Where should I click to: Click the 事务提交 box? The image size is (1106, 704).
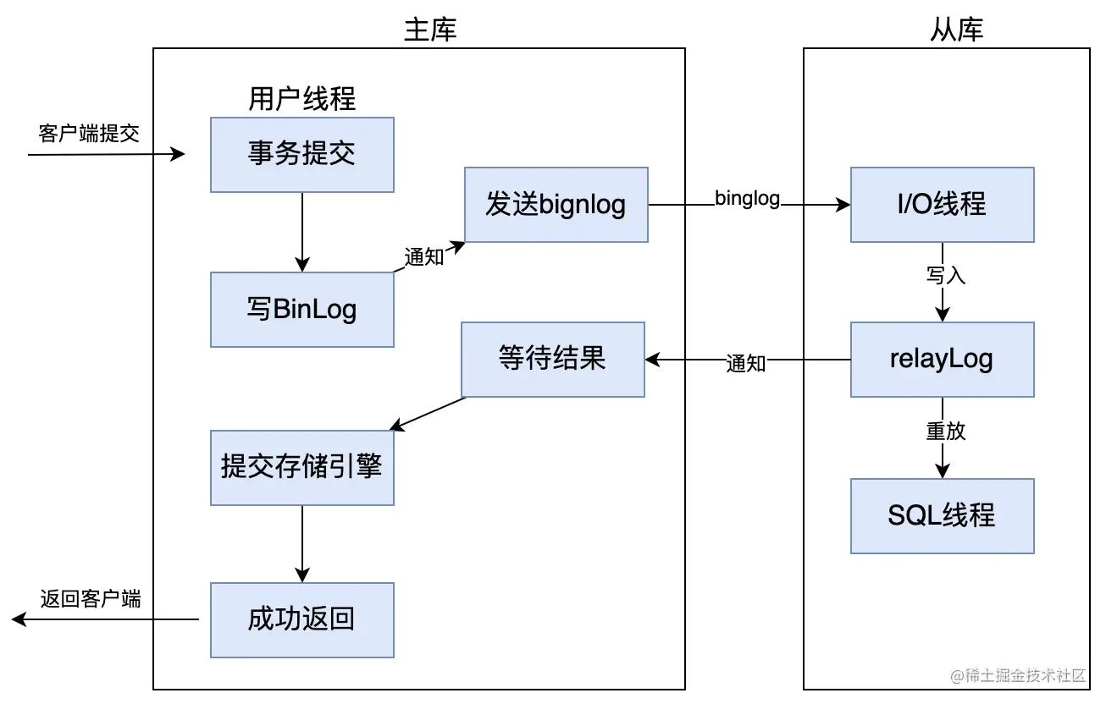click(302, 155)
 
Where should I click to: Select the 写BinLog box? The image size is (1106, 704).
click(302, 310)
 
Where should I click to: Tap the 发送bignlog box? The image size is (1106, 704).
click(556, 205)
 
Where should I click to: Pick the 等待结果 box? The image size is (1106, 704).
click(552, 359)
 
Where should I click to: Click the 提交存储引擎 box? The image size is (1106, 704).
click(302, 467)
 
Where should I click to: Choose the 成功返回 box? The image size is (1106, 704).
click(302, 619)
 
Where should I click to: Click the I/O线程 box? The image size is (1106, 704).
click(942, 205)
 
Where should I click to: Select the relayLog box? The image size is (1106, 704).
click(942, 359)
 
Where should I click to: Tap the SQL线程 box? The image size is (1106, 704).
click(942, 515)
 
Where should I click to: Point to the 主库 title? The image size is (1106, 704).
click(430, 30)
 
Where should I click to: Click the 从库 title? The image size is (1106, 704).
click(957, 30)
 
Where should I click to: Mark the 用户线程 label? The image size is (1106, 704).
click(302, 100)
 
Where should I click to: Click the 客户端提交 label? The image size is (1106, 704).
click(89, 134)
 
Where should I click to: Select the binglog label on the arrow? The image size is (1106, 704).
click(747, 198)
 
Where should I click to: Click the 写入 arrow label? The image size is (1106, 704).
click(945, 276)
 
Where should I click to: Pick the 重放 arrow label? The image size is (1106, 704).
click(945, 431)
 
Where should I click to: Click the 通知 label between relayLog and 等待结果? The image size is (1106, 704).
click(746, 363)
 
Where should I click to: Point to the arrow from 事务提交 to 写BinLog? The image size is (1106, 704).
click(302, 232)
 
